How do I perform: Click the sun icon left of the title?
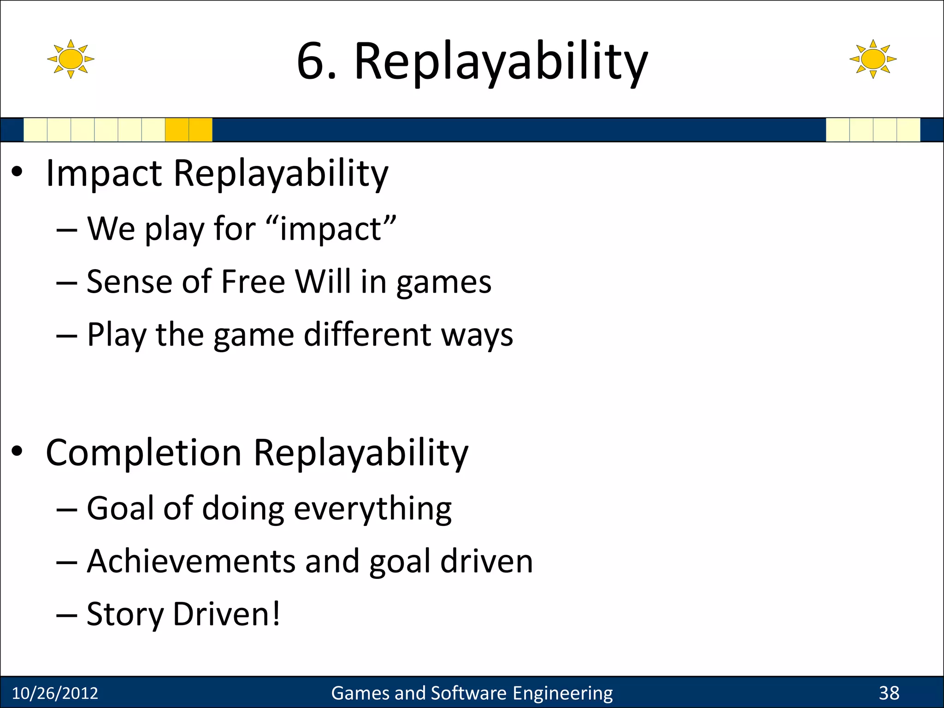[x=71, y=59]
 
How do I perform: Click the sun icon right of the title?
[x=873, y=59]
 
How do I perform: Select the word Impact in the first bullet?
[x=104, y=174]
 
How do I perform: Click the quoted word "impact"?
[x=331, y=229]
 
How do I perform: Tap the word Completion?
[x=144, y=453]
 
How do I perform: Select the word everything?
[x=372, y=509]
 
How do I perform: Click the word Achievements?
[x=191, y=561]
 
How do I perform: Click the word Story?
[x=125, y=614]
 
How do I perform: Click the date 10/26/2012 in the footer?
[x=55, y=693]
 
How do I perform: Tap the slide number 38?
[x=889, y=693]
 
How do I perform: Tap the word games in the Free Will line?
[x=443, y=283]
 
